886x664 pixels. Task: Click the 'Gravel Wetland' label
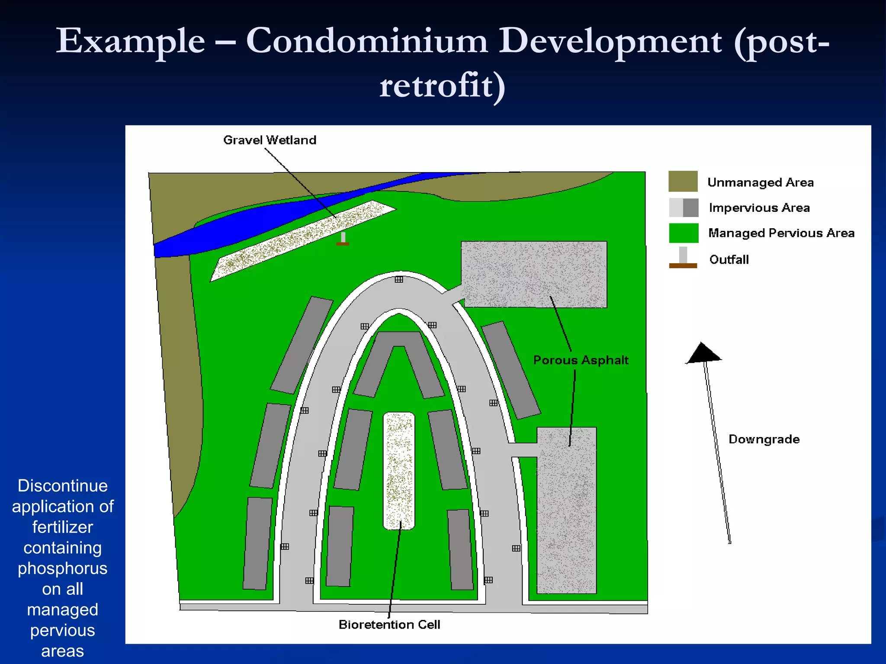click(270, 140)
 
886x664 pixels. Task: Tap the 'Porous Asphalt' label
click(581, 360)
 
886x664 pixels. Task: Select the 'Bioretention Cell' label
click(389, 625)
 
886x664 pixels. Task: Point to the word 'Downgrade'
click(764, 439)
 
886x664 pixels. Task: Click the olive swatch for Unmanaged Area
click(683, 182)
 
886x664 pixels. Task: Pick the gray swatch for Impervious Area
click(684, 207)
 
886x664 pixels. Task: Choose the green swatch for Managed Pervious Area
click(684, 233)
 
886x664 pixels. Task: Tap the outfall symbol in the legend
click(683, 258)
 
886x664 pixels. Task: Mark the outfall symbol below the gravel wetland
click(343, 239)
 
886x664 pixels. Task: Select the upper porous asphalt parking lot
click(534, 275)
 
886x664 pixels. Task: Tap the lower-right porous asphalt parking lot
click(567, 510)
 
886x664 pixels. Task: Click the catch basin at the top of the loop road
click(399, 280)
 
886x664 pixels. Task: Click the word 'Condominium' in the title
click(366, 41)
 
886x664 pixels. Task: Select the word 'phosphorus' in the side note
click(62, 568)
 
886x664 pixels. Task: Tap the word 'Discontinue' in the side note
click(62, 486)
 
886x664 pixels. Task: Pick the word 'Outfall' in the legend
click(729, 259)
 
